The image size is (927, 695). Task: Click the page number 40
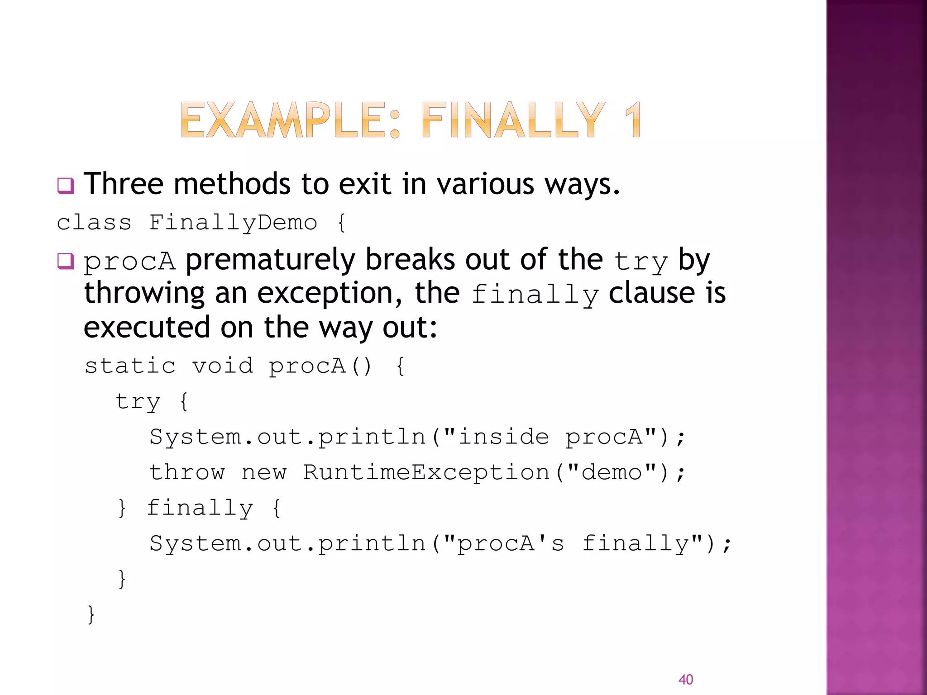tap(685, 679)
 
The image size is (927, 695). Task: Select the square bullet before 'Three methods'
tap(66, 186)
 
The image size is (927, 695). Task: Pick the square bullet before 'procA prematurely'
tap(66, 262)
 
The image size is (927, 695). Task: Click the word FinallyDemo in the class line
tap(233, 223)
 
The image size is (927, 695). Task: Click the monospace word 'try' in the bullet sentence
tap(640, 262)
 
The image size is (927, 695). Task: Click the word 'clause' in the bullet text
tap(652, 293)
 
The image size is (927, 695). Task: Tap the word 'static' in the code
tap(130, 366)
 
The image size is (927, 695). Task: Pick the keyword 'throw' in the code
tap(187, 472)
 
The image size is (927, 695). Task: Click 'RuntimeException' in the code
tap(426, 472)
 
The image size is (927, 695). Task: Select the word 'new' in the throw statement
tap(264, 472)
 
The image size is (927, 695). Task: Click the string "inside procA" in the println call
tap(550, 437)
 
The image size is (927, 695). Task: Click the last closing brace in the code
tap(91, 614)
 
